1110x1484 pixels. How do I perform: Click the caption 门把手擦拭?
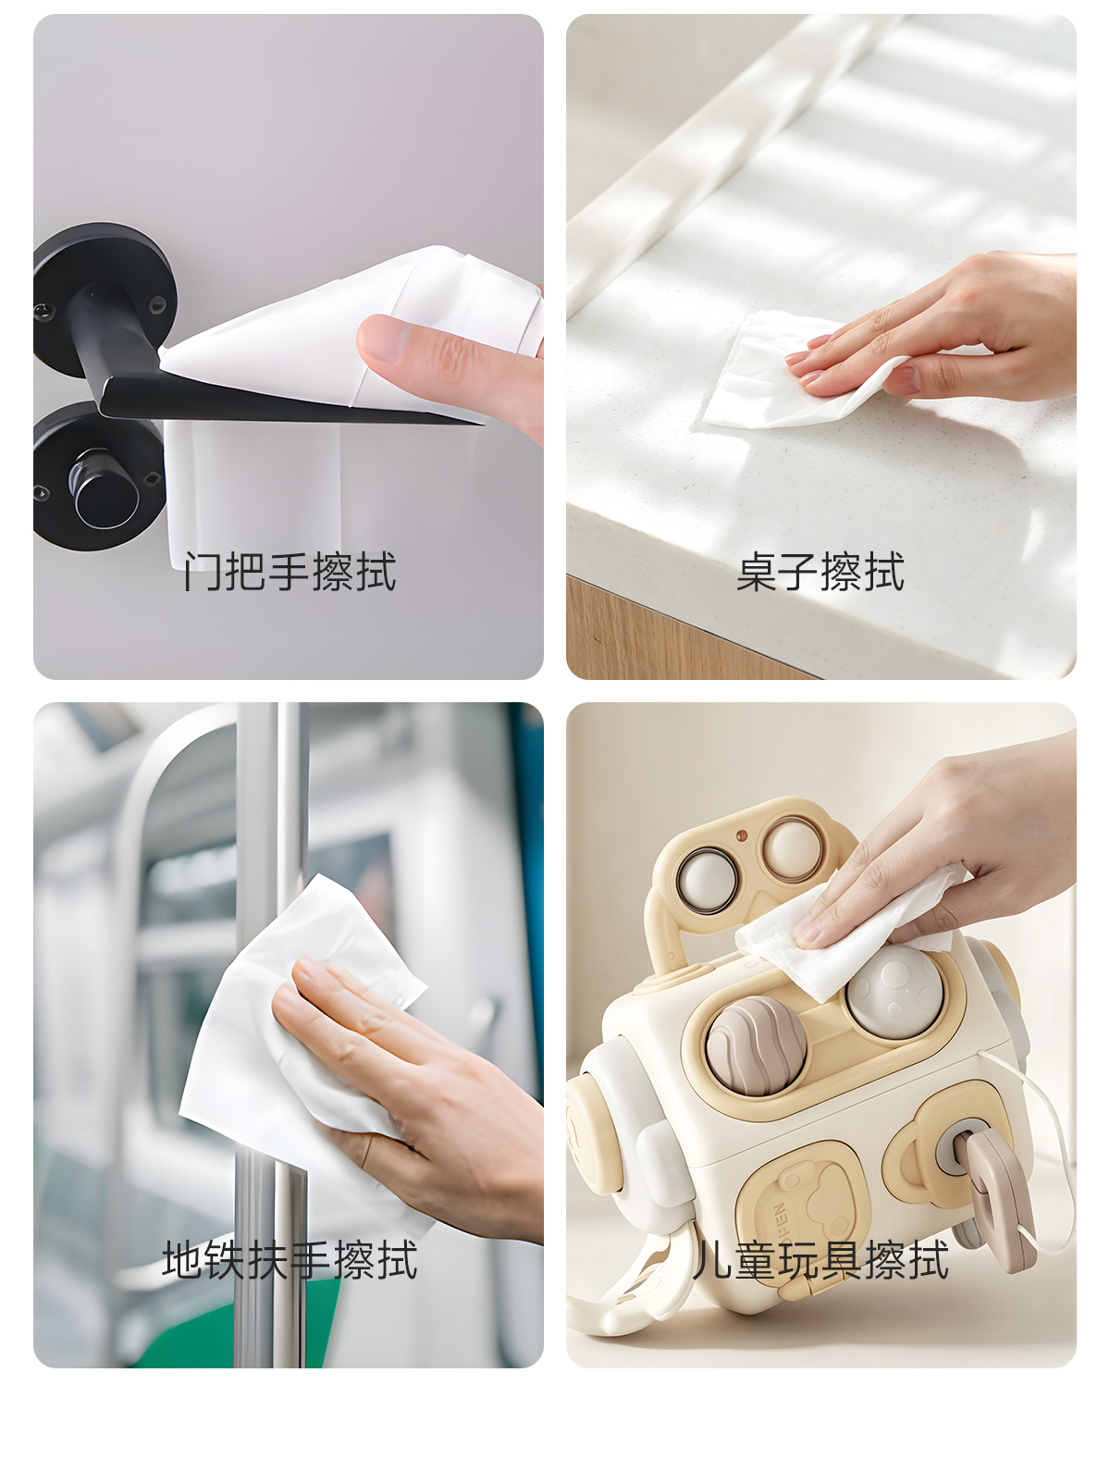click(290, 572)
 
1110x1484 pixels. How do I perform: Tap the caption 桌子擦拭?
click(820, 572)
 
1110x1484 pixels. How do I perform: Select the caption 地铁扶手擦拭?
click(290, 1260)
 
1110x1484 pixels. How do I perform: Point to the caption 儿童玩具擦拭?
click(820, 1260)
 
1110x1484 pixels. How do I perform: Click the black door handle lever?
click(203, 392)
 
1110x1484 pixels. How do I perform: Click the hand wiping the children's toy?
click(946, 852)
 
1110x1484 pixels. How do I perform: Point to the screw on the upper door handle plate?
click(157, 305)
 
